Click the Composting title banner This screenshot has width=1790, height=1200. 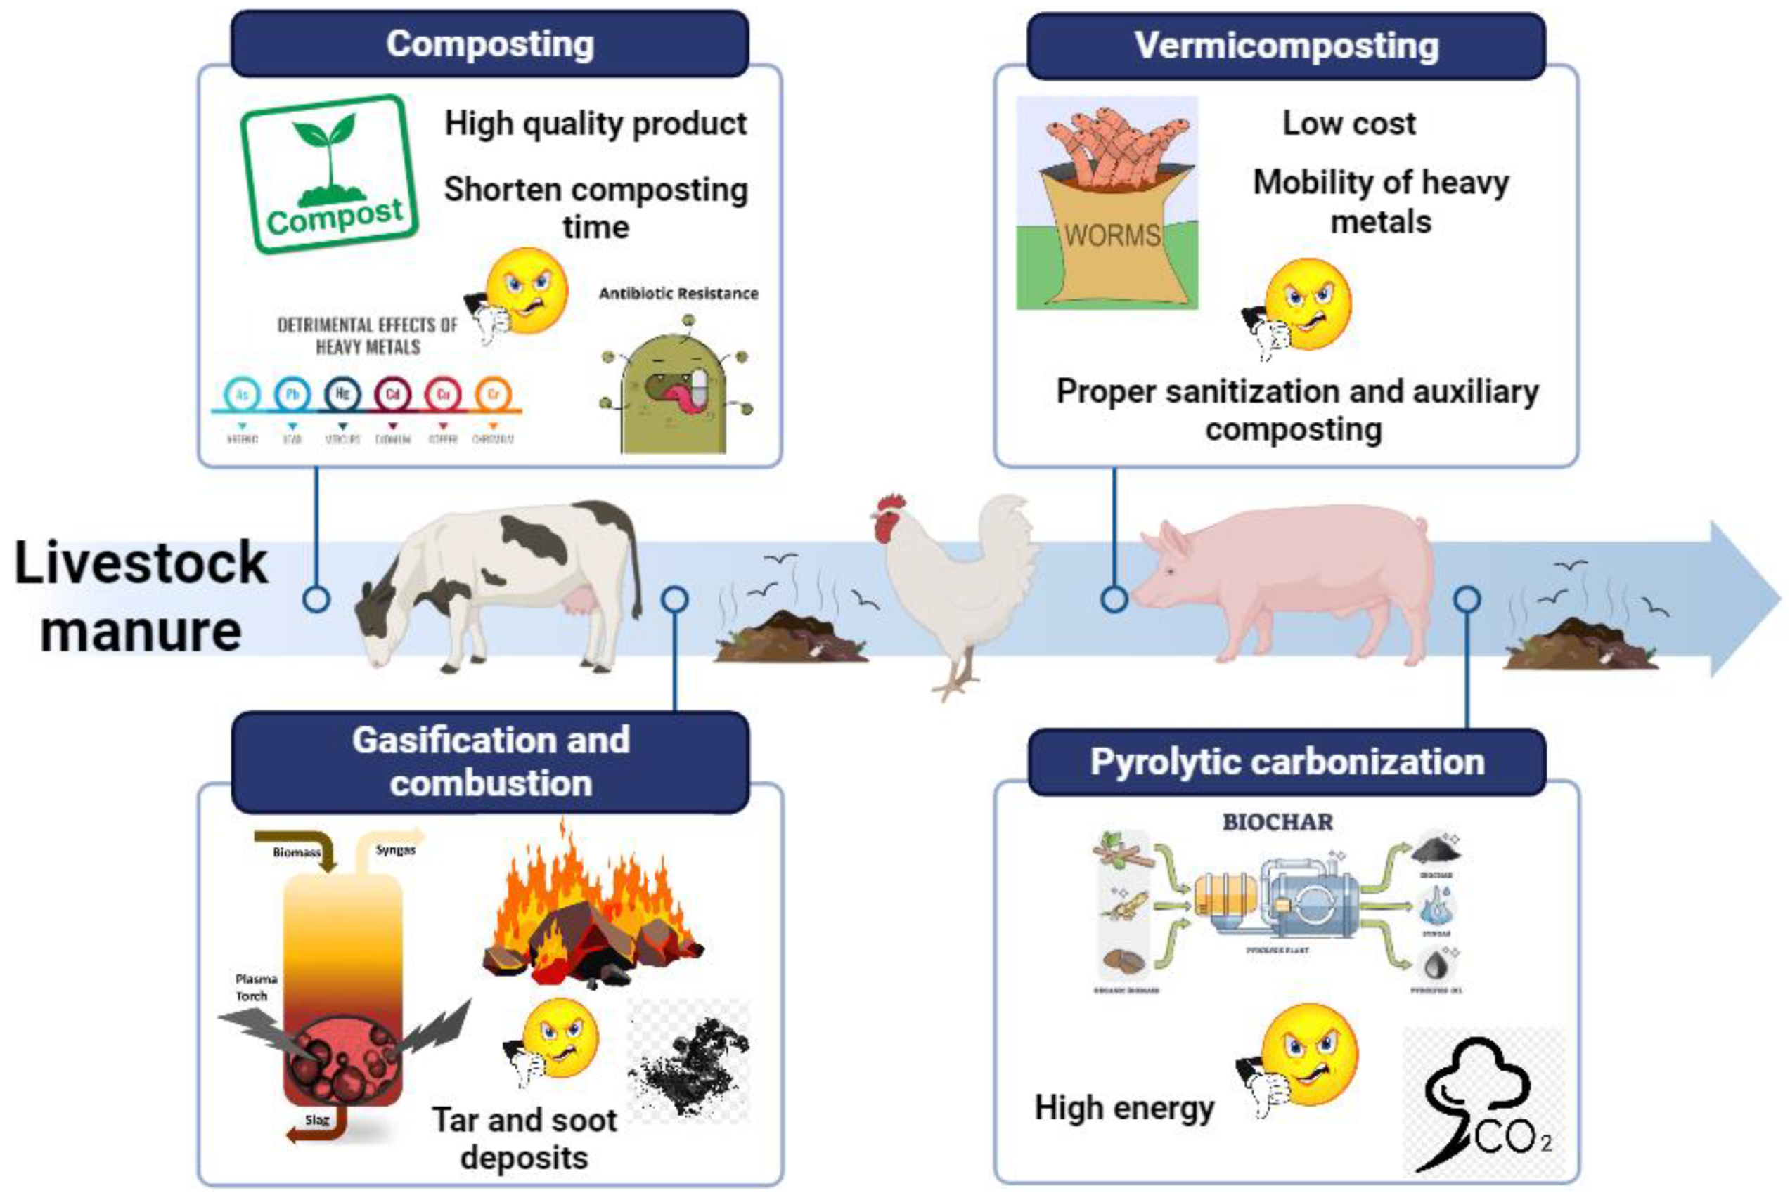(x=489, y=44)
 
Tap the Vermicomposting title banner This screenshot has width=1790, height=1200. (x=1285, y=46)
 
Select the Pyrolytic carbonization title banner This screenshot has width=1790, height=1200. (x=1286, y=762)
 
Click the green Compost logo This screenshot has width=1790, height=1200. (x=329, y=174)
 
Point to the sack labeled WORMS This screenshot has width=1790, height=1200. (x=1111, y=237)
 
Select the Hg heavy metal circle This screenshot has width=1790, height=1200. (x=342, y=394)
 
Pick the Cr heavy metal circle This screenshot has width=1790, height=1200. (x=493, y=394)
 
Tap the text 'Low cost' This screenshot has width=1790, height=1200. (x=1349, y=123)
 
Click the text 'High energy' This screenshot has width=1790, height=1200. (x=1124, y=1107)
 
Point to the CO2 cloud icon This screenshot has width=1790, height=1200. (x=1481, y=1102)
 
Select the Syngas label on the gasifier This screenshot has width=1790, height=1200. (x=395, y=849)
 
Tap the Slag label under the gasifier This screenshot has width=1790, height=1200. (x=317, y=1121)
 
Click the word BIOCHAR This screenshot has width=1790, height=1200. (x=1277, y=822)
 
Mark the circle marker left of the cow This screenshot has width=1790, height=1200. (x=316, y=599)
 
